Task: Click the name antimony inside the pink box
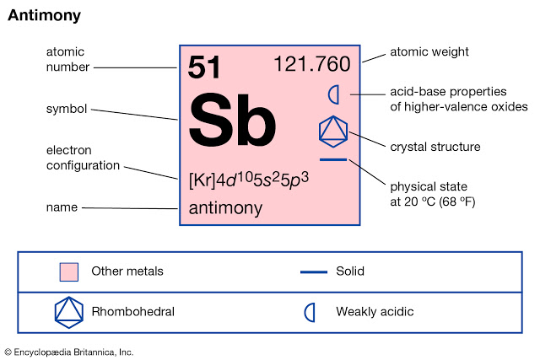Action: pyautogui.click(x=225, y=207)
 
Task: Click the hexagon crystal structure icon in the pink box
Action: pyautogui.click(x=332, y=130)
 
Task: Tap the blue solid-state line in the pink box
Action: pyautogui.click(x=332, y=159)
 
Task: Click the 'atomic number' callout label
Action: pyautogui.click(x=66, y=59)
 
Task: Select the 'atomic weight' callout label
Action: pyautogui.click(x=429, y=52)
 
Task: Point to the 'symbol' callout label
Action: pyautogui.click(x=66, y=109)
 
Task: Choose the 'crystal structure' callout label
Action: pyautogui.click(x=435, y=147)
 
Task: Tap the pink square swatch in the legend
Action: pyautogui.click(x=69, y=271)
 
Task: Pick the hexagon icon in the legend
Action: pyautogui.click(x=69, y=312)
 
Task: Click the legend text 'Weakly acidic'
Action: pyautogui.click(x=375, y=312)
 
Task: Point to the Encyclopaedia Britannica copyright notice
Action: pyautogui.click(x=69, y=352)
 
